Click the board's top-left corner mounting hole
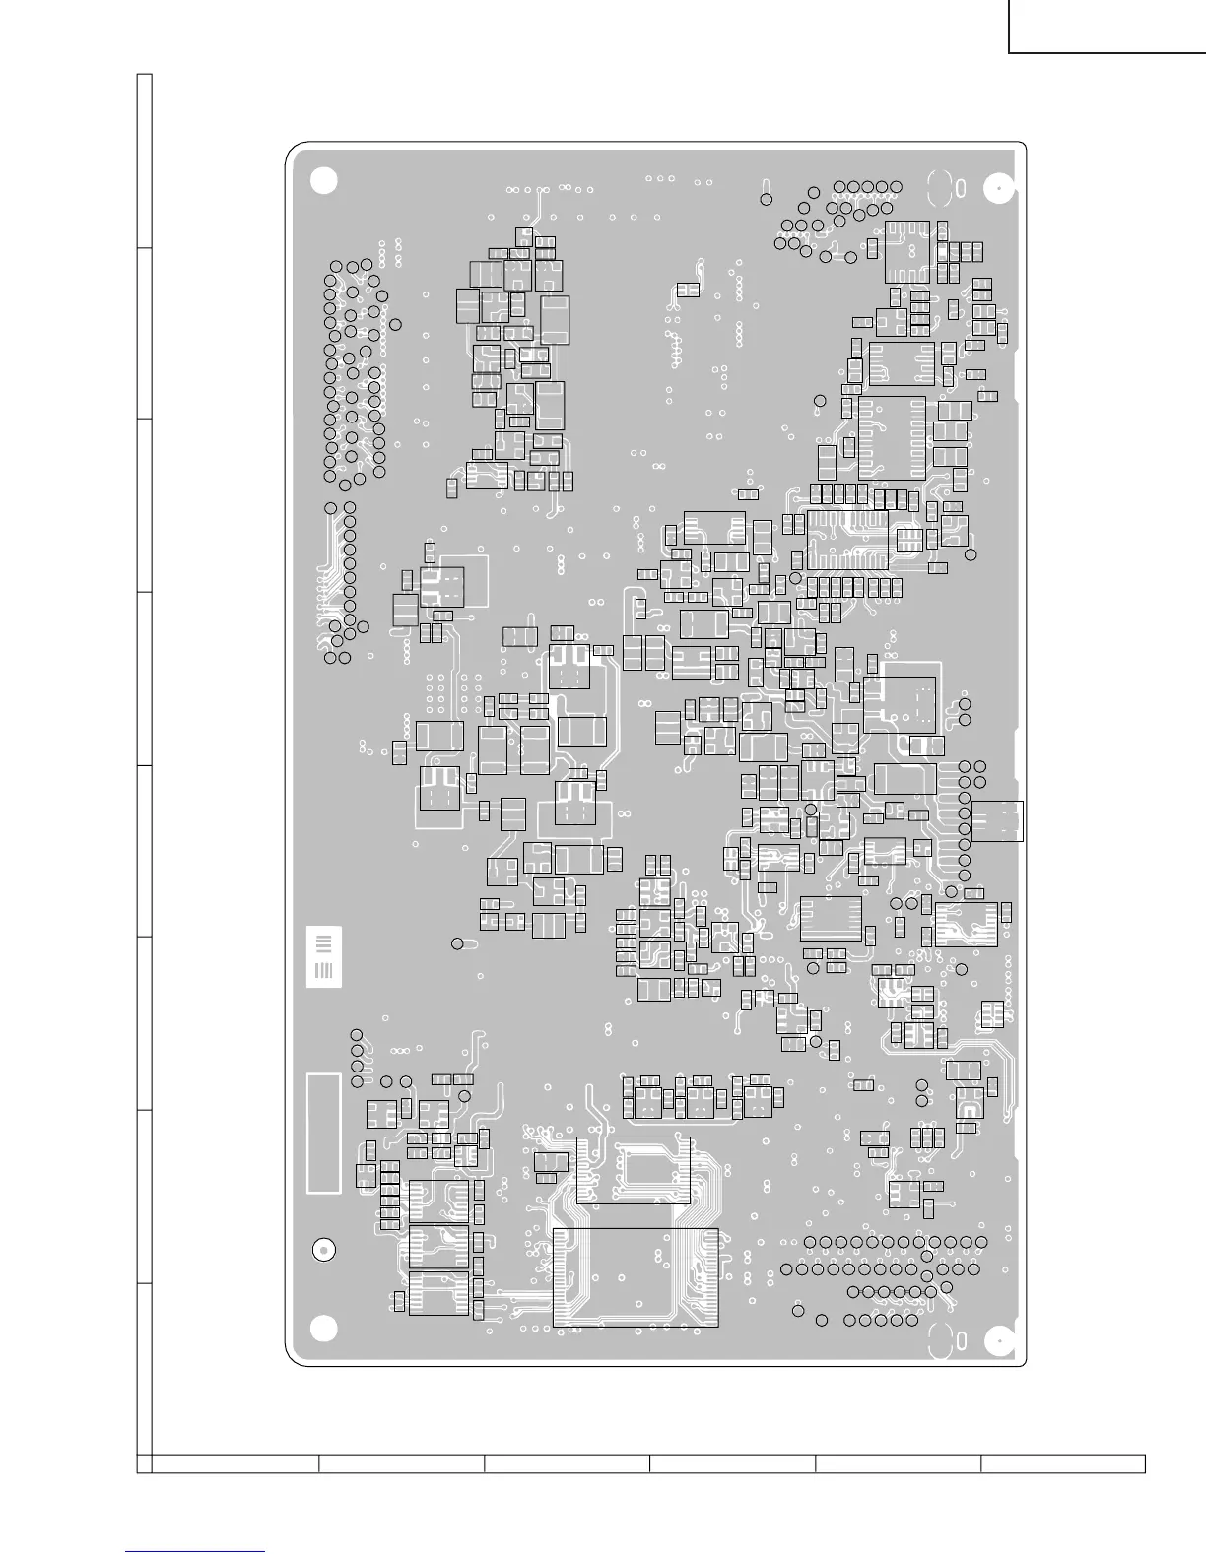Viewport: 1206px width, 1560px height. [x=323, y=180]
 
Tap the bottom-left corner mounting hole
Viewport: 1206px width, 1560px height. [x=323, y=1330]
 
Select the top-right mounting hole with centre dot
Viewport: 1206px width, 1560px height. [x=999, y=187]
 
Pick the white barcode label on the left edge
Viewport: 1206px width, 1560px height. [x=323, y=956]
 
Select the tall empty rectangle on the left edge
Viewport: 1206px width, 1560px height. [x=324, y=1133]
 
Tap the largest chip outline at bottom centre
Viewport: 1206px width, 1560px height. [x=636, y=1276]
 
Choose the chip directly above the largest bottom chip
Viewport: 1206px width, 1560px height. [x=634, y=1170]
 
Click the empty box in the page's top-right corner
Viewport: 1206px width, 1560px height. [x=1106, y=27]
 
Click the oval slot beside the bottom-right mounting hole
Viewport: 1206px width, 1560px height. [x=940, y=1337]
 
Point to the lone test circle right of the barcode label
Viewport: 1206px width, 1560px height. [x=457, y=943]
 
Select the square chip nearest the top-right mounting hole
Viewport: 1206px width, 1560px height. [x=907, y=250]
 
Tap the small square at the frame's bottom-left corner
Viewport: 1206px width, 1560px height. [x=144, y=1463]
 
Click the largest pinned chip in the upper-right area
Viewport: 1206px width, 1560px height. [x=893, y=437]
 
